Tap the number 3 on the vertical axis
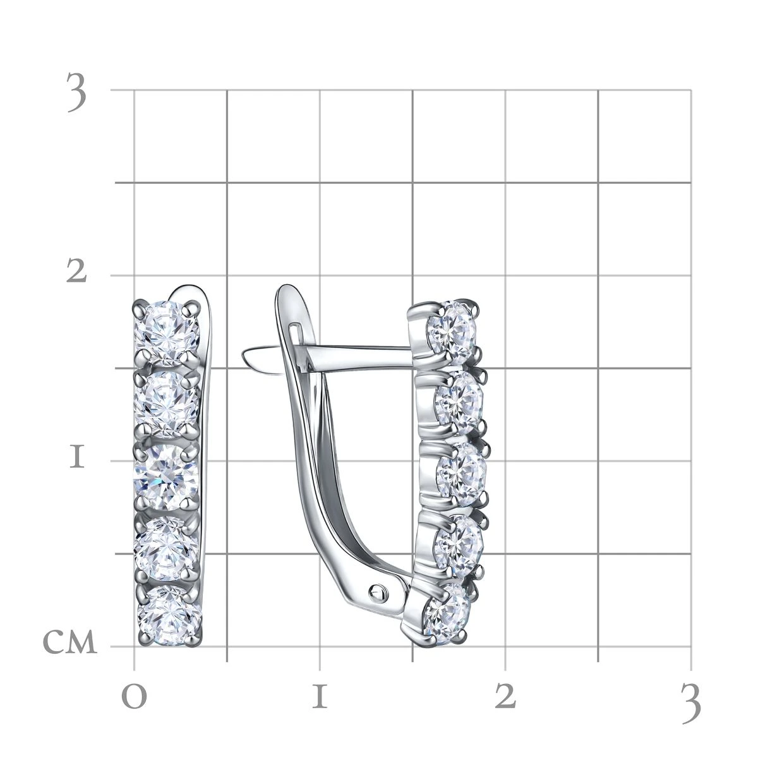[76, 92]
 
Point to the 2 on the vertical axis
[76, 272]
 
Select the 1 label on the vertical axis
[77, 457]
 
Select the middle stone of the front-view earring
[165, 478]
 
